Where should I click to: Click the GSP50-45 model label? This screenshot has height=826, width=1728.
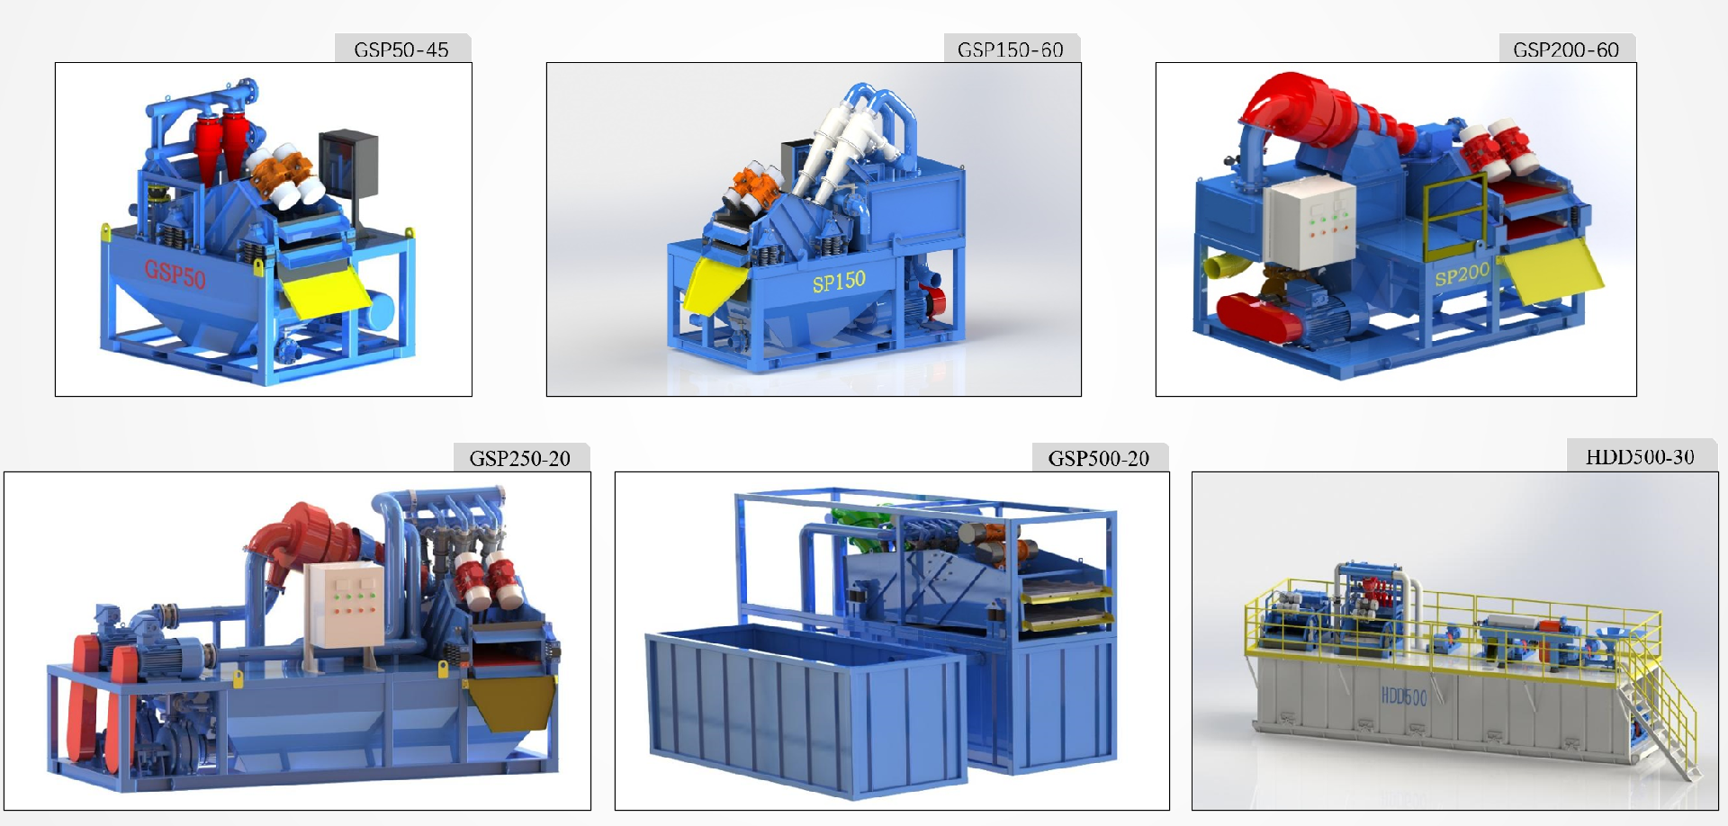(x=401, y=49)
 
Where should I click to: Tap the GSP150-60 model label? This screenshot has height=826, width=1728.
(x=1011, y=49)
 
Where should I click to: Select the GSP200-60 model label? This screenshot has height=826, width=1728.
(x=1566, y=49)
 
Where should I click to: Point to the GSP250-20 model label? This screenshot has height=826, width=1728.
(x=520, y=458)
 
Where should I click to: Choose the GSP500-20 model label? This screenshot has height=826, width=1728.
(x=1099, y=458)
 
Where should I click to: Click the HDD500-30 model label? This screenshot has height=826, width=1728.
(x=1640, y=456)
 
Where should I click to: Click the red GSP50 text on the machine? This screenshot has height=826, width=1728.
(x=175, y=273)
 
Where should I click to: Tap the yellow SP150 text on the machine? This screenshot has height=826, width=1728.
(x=839, y=282)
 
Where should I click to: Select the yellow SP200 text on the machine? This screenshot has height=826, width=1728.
(x=1462, y=274)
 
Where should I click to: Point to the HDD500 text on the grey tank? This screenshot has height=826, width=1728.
(x=1404, y=696)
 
